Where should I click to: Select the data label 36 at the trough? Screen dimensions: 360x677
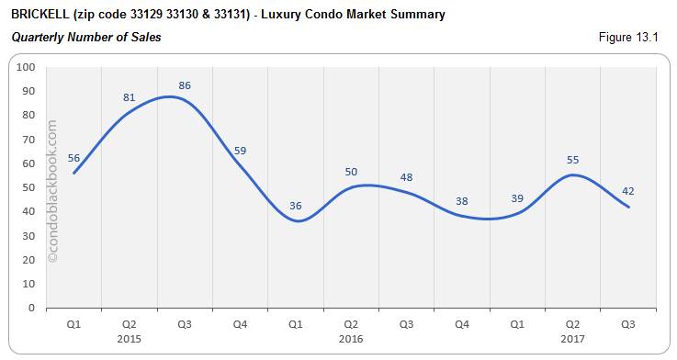(x=296, y=206)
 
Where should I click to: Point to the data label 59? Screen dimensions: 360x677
(x=240, y=151)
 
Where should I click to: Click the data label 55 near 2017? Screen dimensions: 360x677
(x=573, y=160)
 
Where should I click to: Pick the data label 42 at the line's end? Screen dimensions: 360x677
(x=628, y=191)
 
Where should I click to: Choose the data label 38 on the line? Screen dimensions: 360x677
(x=463, y=201)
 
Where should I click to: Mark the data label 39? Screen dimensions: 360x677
(x=518, y=198)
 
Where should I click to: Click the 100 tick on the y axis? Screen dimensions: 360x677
(x=26, y=67)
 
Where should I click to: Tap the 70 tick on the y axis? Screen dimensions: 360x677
(x=28, y=140)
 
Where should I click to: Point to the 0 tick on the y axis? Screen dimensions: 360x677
(x=31, y=308)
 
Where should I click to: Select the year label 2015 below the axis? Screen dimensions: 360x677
(x=129, y=339)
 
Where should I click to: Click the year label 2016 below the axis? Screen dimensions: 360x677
(x=351, y=339)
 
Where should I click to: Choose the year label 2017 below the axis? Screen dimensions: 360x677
(x=573, y=339)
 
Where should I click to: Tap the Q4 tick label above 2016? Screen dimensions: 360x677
(x=462, y=325)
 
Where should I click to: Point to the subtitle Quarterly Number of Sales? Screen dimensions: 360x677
(x=85, y=38)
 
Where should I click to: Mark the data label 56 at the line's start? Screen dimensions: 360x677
(x=73, y=157)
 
